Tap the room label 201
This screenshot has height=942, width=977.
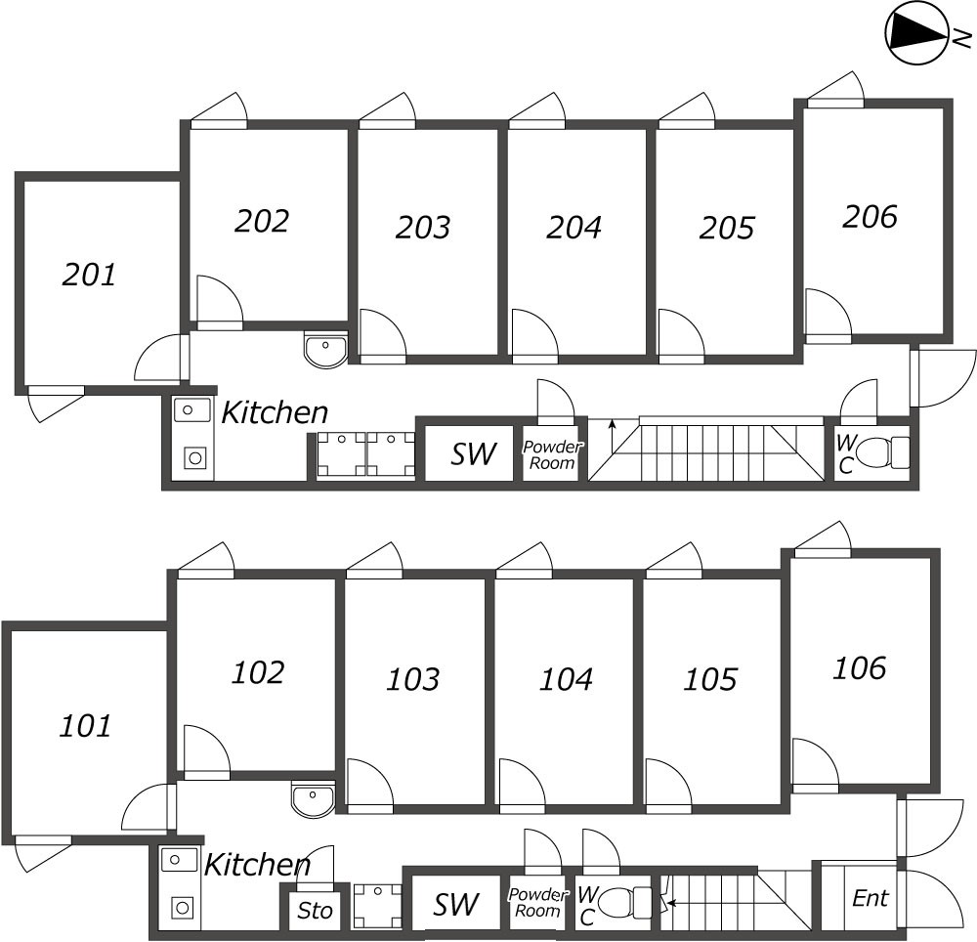tap(89, 275)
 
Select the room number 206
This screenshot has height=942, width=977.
tap(869, 216)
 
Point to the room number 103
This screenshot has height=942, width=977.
tap(412, 678)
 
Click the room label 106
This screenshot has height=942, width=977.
tap(859, 668)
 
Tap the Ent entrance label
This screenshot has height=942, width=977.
tap(870, 898)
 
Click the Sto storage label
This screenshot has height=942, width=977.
tap(315, 912)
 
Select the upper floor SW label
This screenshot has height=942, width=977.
tap(474, 453)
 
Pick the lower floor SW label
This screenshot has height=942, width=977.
tap(455, 905)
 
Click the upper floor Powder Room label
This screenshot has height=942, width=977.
tap(552, 454)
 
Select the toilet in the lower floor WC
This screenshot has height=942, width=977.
tap(626, 902)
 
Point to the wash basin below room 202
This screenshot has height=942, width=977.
tap(325, 350)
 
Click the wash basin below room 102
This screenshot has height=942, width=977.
tap(313, 798)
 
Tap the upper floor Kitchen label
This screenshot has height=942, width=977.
tap(275, 412)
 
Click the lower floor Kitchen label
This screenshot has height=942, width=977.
tap(257, 864)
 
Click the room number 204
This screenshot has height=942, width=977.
tap(573, 227)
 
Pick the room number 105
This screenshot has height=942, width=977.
tap(710, 678)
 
